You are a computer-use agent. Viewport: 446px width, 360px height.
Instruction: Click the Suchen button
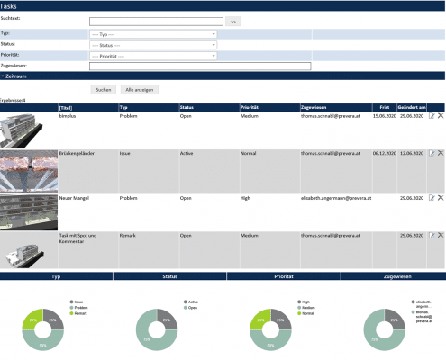[104, 90]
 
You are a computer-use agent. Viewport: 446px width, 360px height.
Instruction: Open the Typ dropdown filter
[153, 33]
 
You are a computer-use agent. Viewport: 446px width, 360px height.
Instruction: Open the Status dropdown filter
[153, 44]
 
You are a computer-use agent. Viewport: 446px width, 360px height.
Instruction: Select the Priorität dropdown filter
[153, 55]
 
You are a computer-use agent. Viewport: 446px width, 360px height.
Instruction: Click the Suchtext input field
[156, 20]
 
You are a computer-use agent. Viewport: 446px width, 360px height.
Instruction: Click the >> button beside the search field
[232, 20]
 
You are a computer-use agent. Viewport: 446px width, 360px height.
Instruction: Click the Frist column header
[383, 107]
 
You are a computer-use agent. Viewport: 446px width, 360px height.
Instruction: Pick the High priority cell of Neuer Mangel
[246, 196]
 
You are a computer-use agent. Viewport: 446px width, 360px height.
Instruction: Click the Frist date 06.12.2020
[385, 154]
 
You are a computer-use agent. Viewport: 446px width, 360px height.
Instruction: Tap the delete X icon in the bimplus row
[441, 116]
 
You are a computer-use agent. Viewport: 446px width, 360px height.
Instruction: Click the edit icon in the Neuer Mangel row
[432, 196]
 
